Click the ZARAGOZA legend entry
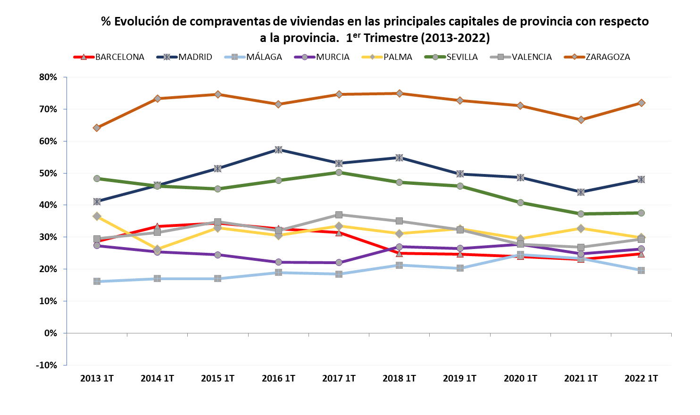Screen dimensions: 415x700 (608, 57)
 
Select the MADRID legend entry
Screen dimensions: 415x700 (195, 57)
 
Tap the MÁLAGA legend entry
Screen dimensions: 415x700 (264, 57)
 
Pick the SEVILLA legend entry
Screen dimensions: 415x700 (462, 57)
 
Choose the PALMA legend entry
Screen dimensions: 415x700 (397, 57)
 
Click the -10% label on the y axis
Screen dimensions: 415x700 (46, 365)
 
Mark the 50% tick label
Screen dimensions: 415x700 (48, 173)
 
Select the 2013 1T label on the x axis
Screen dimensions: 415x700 (97, 378)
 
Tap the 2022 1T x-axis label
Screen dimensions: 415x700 (641, 378)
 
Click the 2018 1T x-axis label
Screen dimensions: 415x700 (399, 378)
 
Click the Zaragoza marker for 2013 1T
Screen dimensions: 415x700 (97, 128)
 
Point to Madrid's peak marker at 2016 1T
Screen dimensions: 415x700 (278, 149)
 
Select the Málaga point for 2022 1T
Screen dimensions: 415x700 (641, 270)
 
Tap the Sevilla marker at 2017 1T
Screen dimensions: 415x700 (339, 172)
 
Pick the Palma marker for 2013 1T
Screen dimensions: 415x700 (97, 216)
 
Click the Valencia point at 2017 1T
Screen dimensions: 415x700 (339, 215)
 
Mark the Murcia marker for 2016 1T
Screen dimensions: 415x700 (278, 262)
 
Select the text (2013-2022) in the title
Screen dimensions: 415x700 (455, 38)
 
